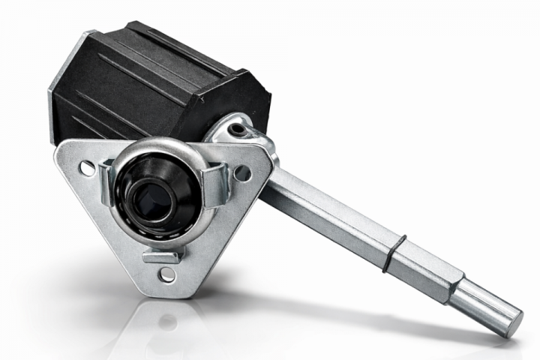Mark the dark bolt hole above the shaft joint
click(238, 130)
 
